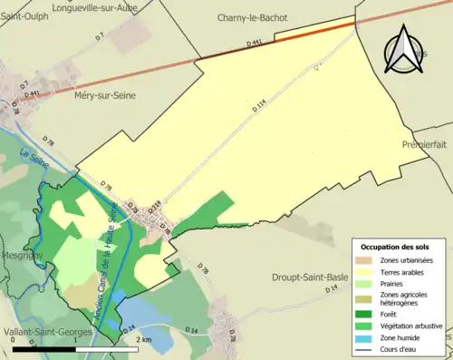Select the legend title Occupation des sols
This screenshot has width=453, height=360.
pyautogui.click(x=395, y=247)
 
